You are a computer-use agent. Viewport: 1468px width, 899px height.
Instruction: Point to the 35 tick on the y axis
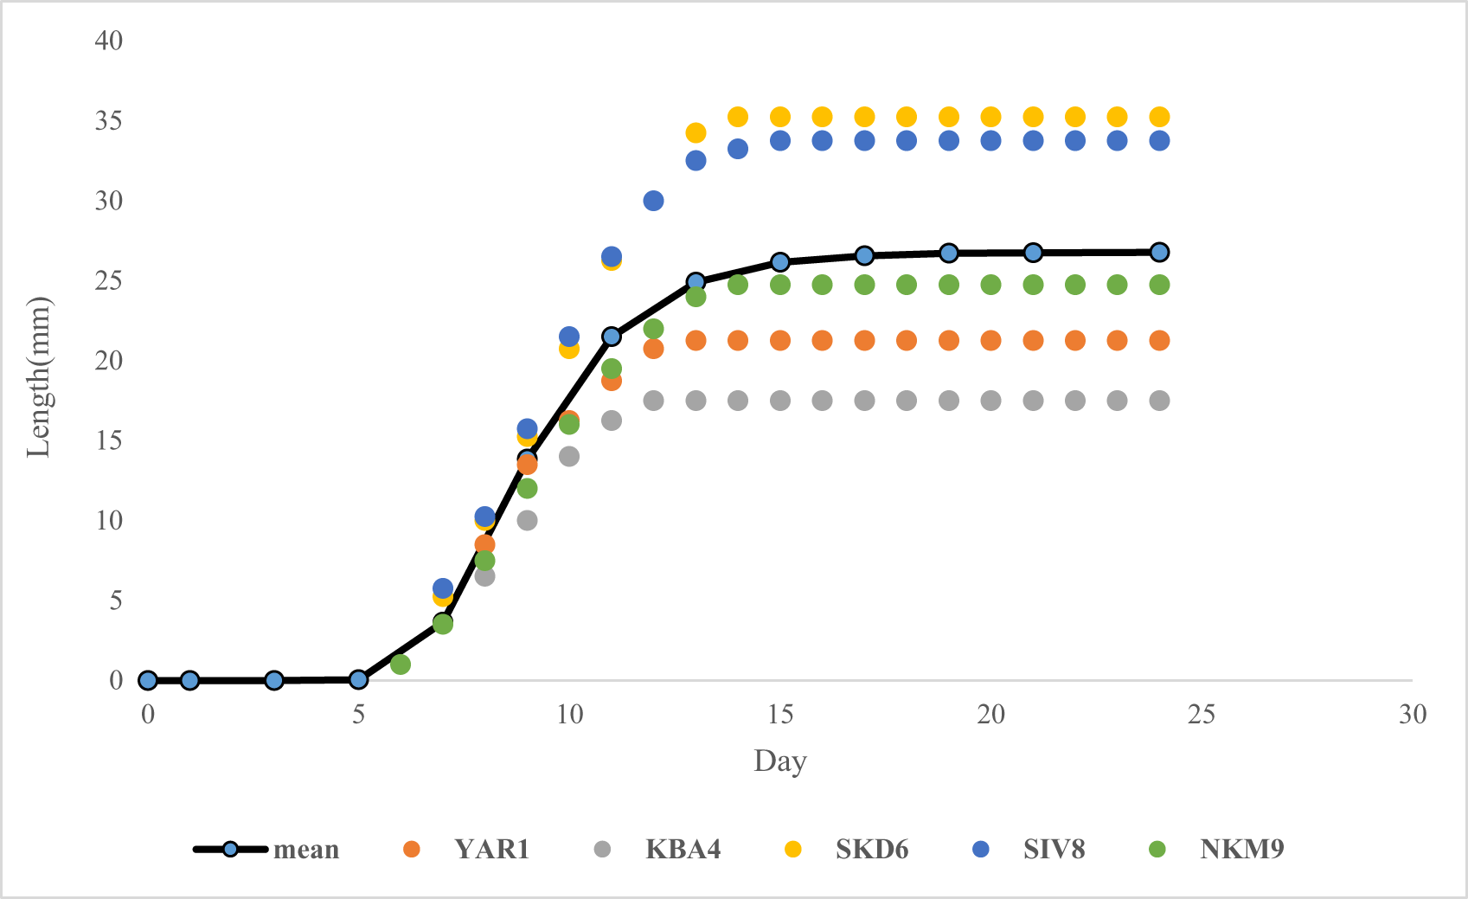point(109,120)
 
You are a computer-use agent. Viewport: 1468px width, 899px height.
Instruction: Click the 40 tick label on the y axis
point(109,40)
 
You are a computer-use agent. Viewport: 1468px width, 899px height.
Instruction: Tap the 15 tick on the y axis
point(109,440)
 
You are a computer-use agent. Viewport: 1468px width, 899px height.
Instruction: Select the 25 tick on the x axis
point(1202,714)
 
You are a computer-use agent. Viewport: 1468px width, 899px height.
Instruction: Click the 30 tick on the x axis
point(1412,714)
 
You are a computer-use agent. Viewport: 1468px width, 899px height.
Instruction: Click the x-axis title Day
point(779,761)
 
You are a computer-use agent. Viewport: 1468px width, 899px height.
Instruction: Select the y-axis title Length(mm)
point(39,376)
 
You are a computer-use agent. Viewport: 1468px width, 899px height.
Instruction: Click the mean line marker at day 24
point(1159,252)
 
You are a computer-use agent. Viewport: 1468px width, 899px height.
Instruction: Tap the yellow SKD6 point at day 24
point(1159,117)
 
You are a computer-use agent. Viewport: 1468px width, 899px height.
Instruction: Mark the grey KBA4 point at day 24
point(1159,401)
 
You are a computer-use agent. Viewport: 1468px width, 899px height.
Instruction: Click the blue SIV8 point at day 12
point(653,201)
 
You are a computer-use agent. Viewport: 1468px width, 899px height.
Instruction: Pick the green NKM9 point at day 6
point(400,665)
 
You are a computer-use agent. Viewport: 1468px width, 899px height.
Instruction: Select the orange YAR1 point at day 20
point(990,340)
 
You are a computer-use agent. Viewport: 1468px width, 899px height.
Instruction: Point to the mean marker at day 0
point(148,680)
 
